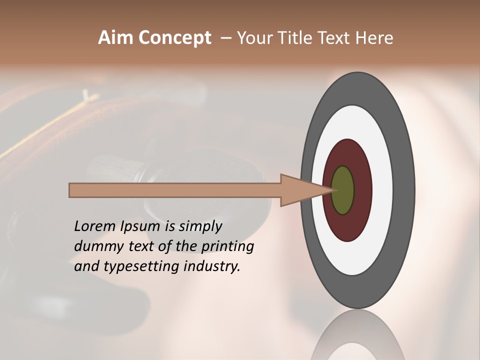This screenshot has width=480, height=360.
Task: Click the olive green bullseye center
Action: (x=342, y=190)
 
